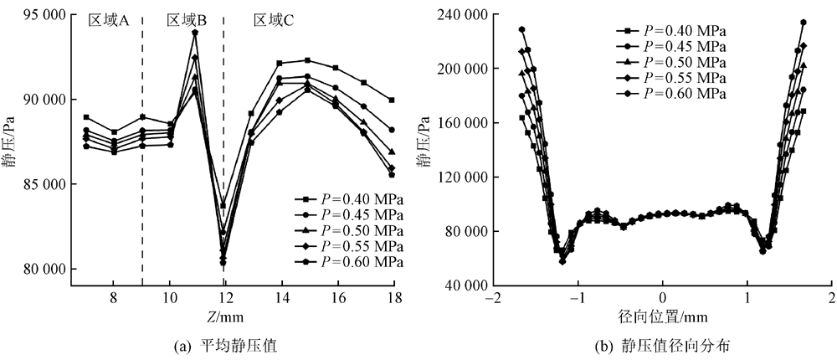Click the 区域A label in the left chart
(x=108, y=21)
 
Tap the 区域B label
(x=187, y=21)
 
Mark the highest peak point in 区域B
(x=195, y=33)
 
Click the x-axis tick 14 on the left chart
(x=281, y=298)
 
